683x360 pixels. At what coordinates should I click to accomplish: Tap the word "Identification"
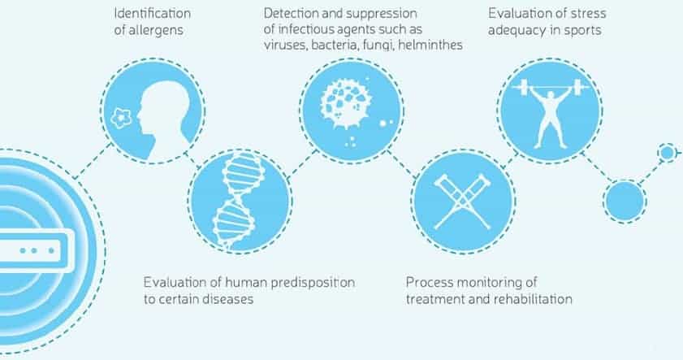[153, 14]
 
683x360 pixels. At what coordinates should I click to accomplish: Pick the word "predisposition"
[313, 283]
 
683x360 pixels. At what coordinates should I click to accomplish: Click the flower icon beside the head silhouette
[121, 117]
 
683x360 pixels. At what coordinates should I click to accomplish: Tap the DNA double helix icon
[238, 201]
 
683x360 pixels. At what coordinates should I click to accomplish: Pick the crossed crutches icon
[463, 202]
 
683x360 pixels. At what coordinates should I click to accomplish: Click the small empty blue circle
[625, 202]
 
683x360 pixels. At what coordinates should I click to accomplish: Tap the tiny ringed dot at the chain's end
[667, 153]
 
